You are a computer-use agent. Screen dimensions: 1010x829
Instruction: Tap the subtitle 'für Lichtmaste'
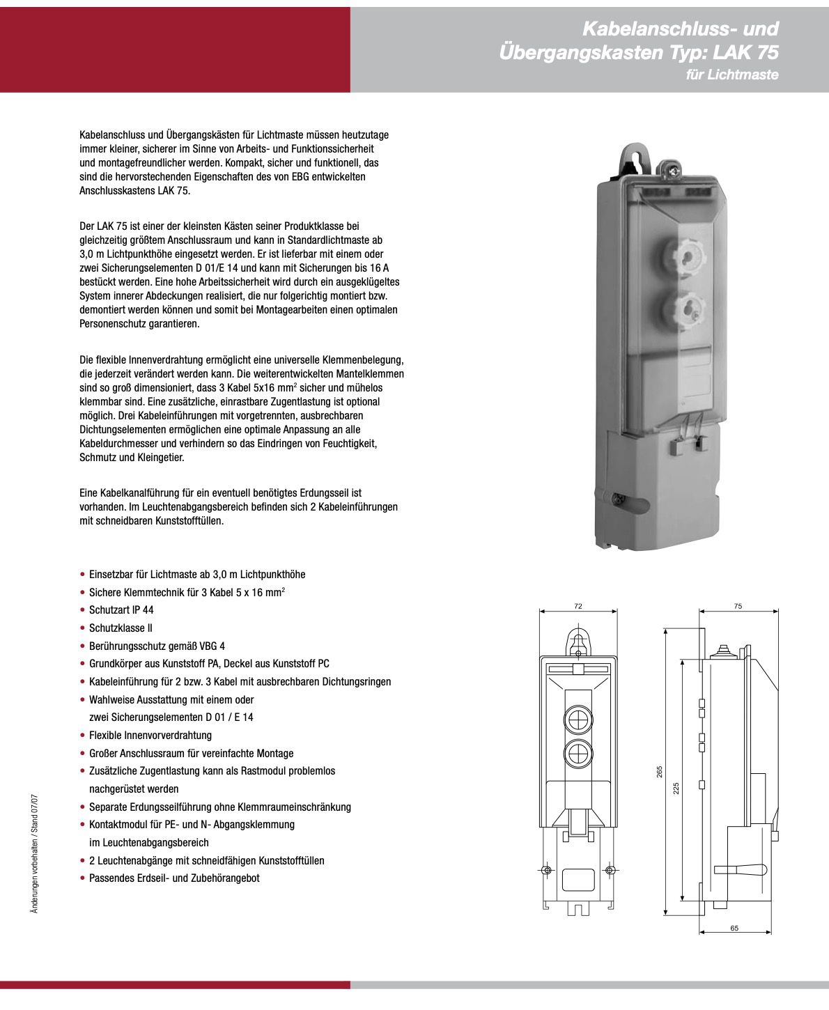coord(731,75)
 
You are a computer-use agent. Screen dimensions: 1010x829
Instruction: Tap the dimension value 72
coord(578,606)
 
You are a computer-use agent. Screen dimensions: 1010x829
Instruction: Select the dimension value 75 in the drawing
coord(738,606)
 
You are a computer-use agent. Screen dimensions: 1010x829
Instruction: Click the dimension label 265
coord(660,772)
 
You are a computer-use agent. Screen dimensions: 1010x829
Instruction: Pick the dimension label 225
coord(676,788)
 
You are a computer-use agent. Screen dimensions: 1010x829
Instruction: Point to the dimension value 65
coord(734,928)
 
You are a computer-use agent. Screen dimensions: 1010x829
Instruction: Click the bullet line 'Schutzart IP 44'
coord(121,609)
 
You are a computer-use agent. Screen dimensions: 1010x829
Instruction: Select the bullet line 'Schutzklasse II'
coord(121,628)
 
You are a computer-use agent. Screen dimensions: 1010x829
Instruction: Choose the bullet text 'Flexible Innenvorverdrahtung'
coord(150,735)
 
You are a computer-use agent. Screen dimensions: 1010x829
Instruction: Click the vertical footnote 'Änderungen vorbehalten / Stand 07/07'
coord(35,853)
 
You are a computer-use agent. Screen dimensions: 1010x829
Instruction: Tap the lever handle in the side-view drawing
coord(749,869)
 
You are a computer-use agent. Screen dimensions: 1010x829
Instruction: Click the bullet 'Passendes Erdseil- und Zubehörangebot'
coord(174,878)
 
